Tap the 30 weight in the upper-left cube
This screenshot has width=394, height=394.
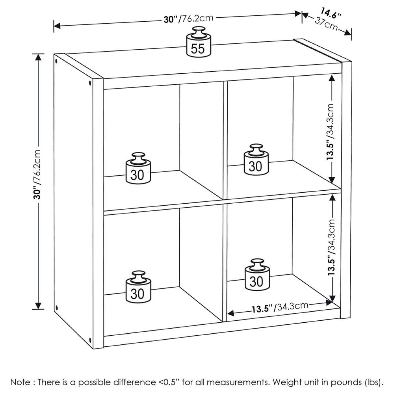138,169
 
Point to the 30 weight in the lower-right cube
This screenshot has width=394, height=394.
256,276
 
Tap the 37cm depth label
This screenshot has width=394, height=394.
326,24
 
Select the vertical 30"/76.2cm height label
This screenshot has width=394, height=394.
38,173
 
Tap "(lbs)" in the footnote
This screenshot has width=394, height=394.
372,382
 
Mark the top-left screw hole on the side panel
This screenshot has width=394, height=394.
57,61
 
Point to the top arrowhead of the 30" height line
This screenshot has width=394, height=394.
38,57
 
